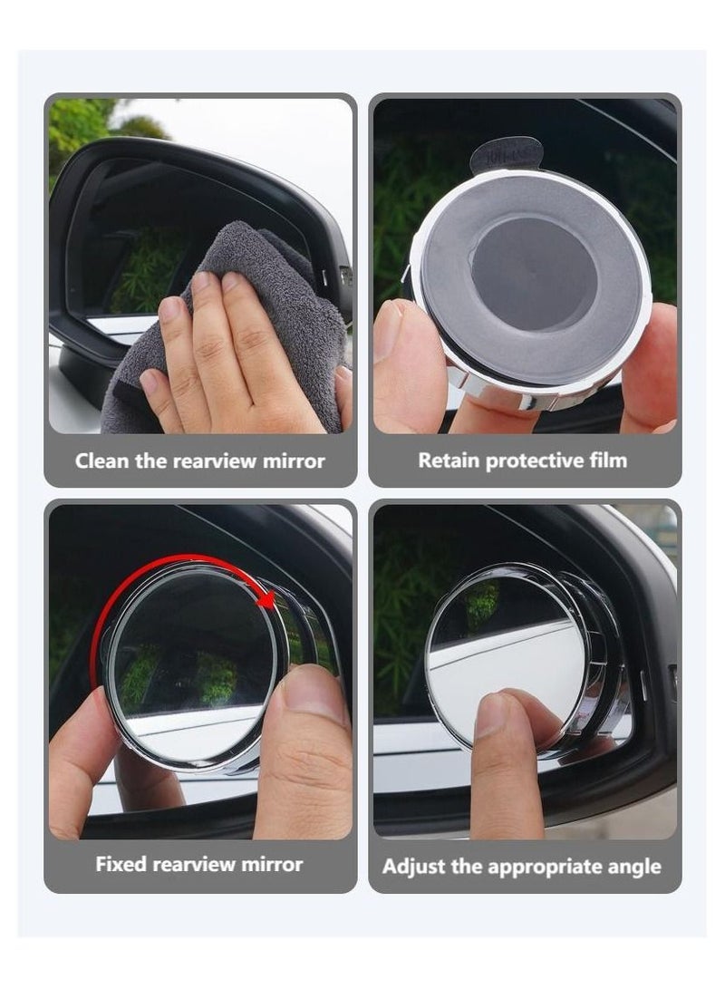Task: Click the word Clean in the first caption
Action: click(101, 461)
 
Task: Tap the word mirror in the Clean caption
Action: click(293, 461)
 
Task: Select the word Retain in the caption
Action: click(449, 461)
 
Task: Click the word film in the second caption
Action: click(606, 461)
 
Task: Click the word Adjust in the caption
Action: click(413, 867)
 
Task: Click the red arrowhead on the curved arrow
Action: click(266, 599)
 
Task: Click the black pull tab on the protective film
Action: click(507, 154)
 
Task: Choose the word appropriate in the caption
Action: click(543, 867)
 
